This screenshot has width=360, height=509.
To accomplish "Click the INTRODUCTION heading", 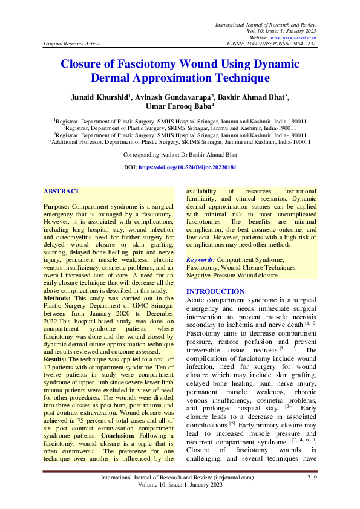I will pos(215,291).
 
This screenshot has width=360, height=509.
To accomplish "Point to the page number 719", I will pos(312,478).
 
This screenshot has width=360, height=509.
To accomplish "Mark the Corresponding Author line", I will pos(180,155).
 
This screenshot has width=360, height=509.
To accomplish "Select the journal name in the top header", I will pos(266,24).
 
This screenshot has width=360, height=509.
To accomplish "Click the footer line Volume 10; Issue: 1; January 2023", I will pos(180,485).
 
